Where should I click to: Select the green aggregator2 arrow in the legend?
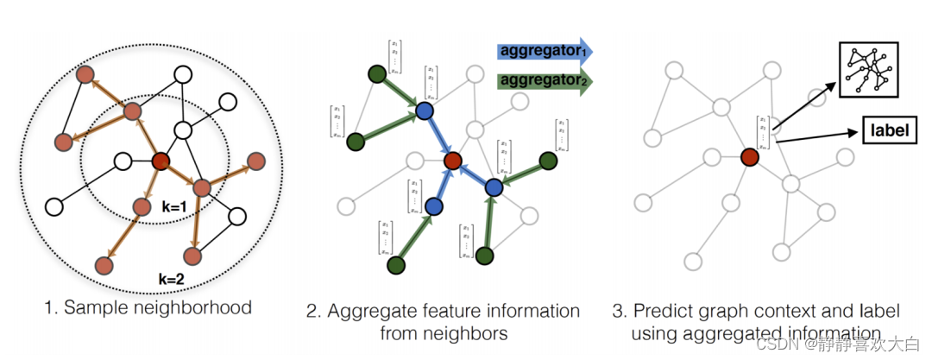click(x=545, y=82)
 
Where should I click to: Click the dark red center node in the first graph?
click(x=161, y=161)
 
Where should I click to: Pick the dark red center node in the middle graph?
click(x=453, y=160)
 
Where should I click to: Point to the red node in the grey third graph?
click(x=748, y=157)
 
